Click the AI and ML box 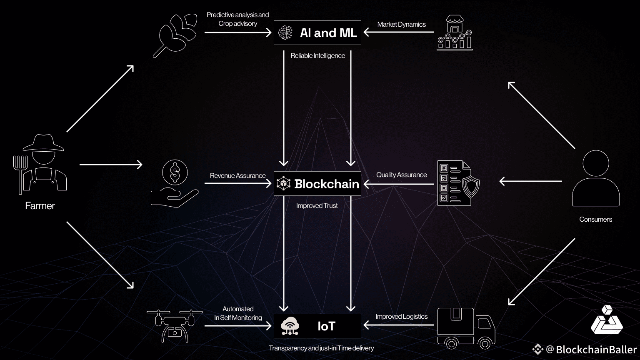(317, 32)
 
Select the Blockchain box (317, 183)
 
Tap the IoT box (317, 326)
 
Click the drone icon (175, 325)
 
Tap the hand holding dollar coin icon (175, 184)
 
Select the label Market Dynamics (401, 25)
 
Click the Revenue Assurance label (237, 176)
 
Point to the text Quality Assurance (401, 175)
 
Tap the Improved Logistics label (401, 317)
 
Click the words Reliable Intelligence (317, 56)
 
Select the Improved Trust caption (317, 206)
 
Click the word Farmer (40, 206)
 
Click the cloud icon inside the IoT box (290, 326)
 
